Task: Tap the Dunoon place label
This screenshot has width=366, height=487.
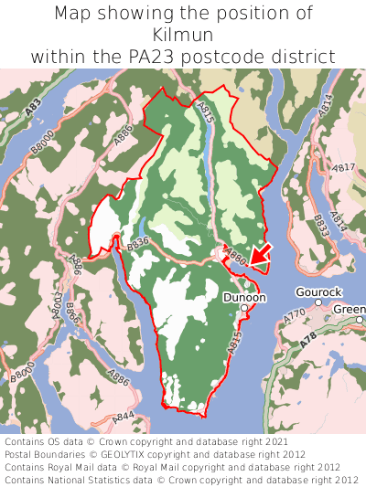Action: pyautogui.click(x=244, y=297)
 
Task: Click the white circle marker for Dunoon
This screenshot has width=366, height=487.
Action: pyautogui.click(x=244, y=310)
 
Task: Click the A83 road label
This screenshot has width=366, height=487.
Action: pyautogui.click(x=33, y=107)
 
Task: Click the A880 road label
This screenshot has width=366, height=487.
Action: pyautogui.click(x=235, y=259)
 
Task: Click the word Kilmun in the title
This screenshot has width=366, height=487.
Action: pyautogui.click(x=183, y=35)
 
